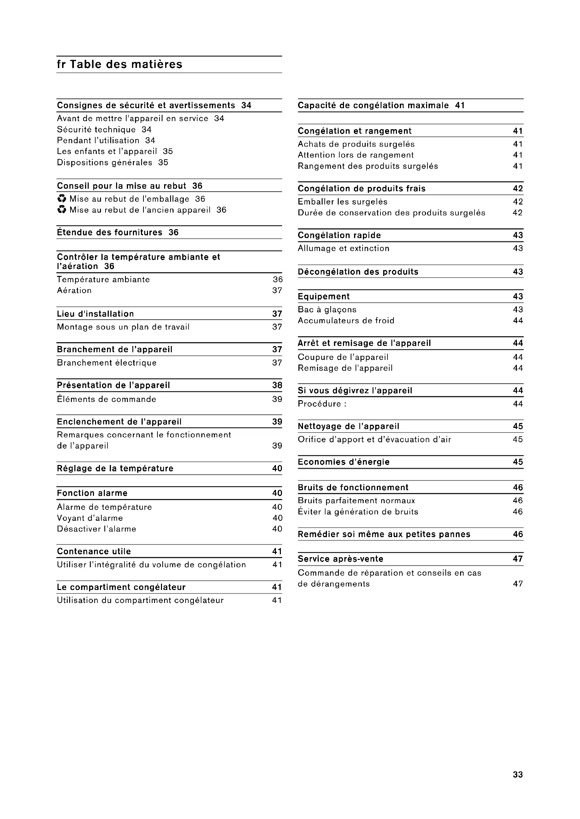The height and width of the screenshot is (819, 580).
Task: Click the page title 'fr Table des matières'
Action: click(x=120, y=64)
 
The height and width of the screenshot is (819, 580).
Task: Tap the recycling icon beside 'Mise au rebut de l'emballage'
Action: click(x=62, y=199)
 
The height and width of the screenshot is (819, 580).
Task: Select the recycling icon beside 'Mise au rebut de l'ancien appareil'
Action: click(x=62, y=210)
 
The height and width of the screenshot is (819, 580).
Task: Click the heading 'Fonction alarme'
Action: click(x=92, y=493)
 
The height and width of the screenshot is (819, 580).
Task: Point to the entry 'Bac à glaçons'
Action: click(x=327, y=310)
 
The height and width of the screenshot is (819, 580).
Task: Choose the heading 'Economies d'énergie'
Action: click(x=344, y=462)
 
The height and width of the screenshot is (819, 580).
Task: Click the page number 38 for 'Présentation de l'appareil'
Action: click(x=277, y=385)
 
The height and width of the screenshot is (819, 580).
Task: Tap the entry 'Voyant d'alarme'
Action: click(x=90, y=518)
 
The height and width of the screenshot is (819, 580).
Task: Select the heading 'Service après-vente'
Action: click(x=340, y=559)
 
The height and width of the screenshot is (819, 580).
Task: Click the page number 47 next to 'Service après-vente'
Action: click(x=518, y=559)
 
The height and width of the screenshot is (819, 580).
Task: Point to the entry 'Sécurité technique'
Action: click(x=96, y=130)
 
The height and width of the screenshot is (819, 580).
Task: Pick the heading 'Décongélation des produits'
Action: click(x=358, y=272)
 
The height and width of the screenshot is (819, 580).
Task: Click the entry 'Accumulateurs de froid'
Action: click(x=346, y=321)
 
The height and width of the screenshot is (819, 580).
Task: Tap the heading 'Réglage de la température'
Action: click(x=115, y=469)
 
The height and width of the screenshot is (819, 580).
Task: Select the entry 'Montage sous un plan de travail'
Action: click(x=123, y=327)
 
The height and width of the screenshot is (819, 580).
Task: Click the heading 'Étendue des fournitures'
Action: click(x=110, y=232)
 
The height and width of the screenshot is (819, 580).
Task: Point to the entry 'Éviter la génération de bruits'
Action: click(x=358, y=512)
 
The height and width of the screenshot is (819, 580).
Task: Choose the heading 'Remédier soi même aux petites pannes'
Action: click(x=384, y=534)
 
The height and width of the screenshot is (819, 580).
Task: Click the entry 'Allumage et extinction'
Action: click(x=344, y=248)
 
